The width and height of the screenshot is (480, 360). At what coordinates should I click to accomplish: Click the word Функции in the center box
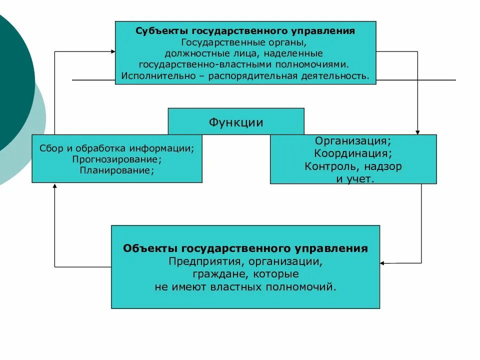pos(235,122)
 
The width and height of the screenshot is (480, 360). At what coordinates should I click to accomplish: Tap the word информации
pos(168,148)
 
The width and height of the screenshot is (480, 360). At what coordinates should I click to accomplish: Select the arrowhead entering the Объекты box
pos(383,262)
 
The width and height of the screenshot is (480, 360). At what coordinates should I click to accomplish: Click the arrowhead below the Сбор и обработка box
pos(54,186)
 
